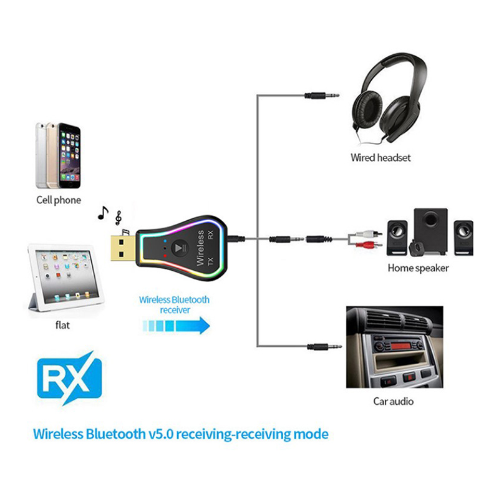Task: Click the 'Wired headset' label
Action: tap(380, 158)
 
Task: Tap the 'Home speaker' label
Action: tap(418, 268)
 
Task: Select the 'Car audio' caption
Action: tap(393, 401)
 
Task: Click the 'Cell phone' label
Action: tap(58, 200)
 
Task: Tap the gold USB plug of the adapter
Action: tap(122, 248)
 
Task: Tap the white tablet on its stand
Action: tap(61, 278)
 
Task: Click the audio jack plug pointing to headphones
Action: tap(321, 96)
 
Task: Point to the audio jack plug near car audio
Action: tap(324, 345)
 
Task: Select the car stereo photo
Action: tap(394, 346)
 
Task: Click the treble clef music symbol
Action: tap(118, 218)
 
